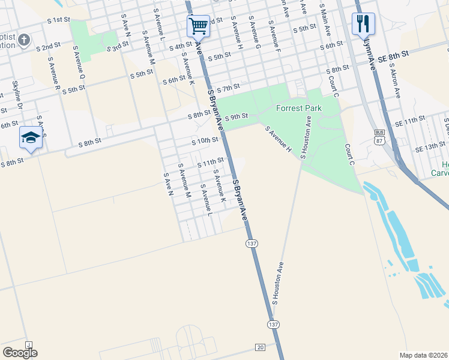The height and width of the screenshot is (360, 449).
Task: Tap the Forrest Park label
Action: (x=299, y=109)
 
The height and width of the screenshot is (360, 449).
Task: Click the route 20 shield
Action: (x=260, y=347)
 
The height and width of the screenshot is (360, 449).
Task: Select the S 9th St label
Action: (x=236, y=116)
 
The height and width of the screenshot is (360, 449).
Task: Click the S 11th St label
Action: (x=211, y=161)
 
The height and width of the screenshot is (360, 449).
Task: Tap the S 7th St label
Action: (x=228, y=88)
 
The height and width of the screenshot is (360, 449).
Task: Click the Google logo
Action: (x=20, y=353)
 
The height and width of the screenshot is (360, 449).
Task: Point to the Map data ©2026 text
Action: (x=423, y=355)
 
